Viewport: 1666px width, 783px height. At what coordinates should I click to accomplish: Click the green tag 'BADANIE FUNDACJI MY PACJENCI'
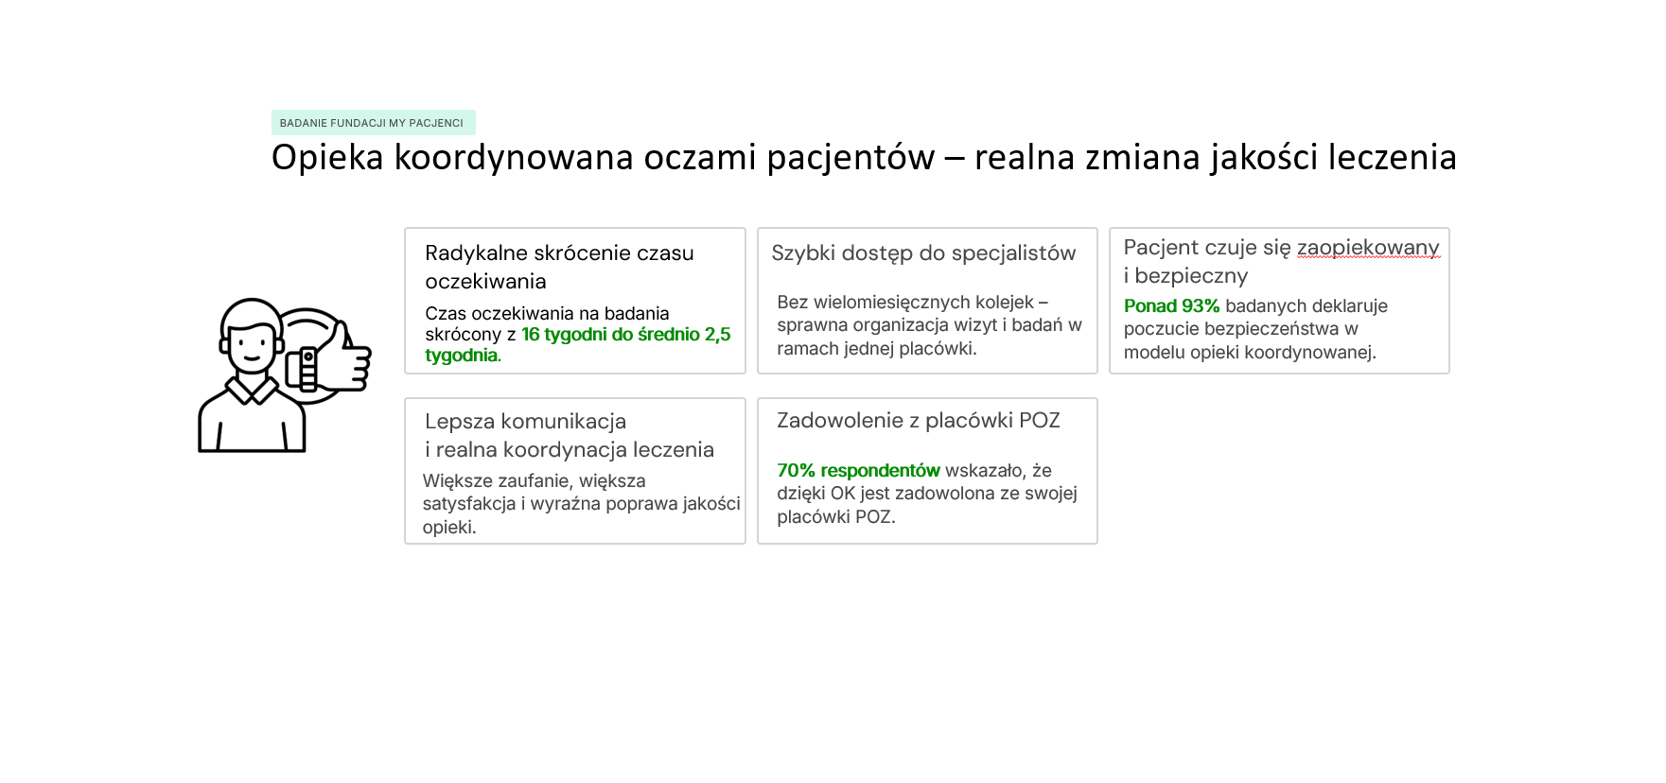pyautogui.click(x=373, y=123)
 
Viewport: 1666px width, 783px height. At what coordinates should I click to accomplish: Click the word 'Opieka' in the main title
pyautogui.click(x=327, y=158)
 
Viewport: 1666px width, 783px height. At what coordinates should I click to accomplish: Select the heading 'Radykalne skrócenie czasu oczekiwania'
pyautogui.click(x=559, y=267)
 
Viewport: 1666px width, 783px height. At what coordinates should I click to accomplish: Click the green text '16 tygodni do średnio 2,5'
pyautogui.click(x=626, y=334)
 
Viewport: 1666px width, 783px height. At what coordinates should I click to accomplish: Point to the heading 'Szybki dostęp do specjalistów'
pyautogui.click(x=923, y=253)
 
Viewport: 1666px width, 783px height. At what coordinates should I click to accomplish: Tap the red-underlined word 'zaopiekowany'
pyautogui.click(x=1368, y=248)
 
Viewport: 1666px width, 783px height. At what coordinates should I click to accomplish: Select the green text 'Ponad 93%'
pyautogui.click(x=1171, y=306)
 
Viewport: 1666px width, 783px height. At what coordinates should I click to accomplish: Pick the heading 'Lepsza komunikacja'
pyautogui.click(x=525, y=422)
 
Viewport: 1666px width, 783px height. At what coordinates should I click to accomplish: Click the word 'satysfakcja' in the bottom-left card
pyautogui.click(x=469, y=504)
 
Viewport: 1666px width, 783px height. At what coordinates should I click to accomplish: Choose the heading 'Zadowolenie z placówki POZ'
pyautogui.click(x=919, y=421)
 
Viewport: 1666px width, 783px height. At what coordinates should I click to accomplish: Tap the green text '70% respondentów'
pyautogui.click(x=858, y=471)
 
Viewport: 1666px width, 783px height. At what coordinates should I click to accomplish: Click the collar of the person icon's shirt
pyautogui.click(x=252, y=387)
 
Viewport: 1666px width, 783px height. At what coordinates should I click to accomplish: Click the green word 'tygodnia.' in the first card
pyautogui.click(x=463, y=356)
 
